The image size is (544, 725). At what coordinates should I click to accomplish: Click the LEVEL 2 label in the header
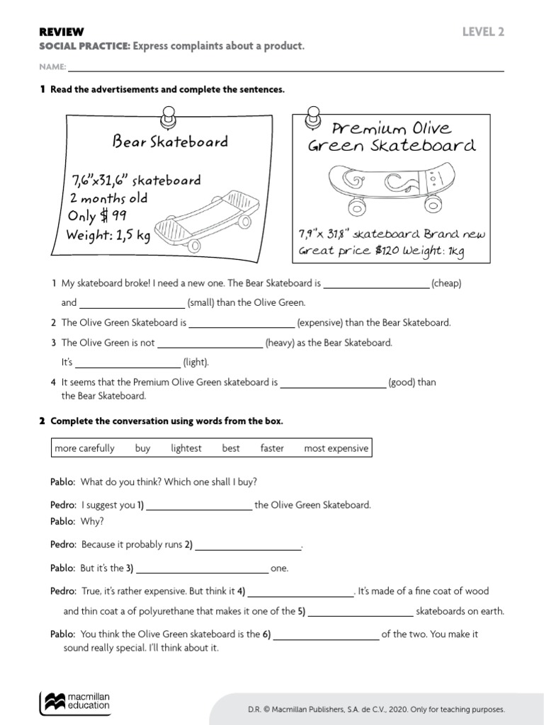[x=483, y=32]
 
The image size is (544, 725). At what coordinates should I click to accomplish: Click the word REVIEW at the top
[x=61, y=32]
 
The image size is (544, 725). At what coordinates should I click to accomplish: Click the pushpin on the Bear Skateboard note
[x=169, y=116]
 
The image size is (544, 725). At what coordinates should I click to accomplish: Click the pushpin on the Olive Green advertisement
[x=312, y=116]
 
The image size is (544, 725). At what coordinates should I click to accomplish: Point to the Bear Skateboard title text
[x=170, y=142]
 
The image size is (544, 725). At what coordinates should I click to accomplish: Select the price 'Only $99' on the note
[x=98, y=216]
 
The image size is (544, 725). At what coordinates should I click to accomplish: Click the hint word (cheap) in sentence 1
[x=446, y=283]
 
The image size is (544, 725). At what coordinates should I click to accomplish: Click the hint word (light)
[x=196, y=362]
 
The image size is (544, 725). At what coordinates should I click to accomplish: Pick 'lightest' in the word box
[x=186, y=448]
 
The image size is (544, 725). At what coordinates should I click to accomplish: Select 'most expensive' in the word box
[x=336, y=448]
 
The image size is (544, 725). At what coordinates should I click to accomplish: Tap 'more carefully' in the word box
[x=84, y=448]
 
